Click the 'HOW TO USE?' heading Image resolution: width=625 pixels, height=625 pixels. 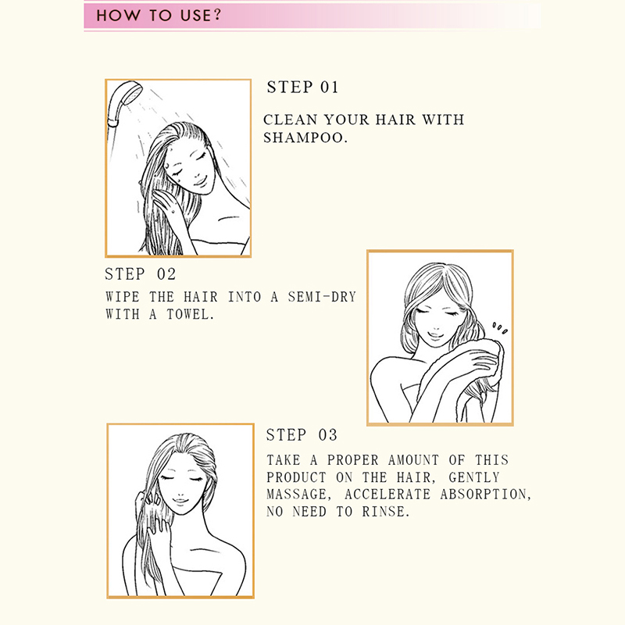point(159,16)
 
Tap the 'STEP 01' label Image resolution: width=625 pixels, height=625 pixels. point(302,87)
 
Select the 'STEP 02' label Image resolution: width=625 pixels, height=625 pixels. point(141,274)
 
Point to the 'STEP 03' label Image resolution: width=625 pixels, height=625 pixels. point(302,435)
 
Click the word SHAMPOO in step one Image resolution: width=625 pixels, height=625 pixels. point(305,137)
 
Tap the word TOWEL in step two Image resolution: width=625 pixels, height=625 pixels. point(191,315)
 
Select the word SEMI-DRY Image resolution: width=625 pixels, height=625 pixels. point(322,297)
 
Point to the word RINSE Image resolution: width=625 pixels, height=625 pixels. point(386,512)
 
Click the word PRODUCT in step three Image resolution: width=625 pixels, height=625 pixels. point(297,477)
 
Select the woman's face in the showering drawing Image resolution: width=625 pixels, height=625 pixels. point(192,170)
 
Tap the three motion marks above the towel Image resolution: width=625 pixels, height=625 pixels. point(500,328)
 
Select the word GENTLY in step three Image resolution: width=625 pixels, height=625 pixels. point(474,477)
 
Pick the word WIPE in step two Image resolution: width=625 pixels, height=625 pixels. point(123,297)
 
